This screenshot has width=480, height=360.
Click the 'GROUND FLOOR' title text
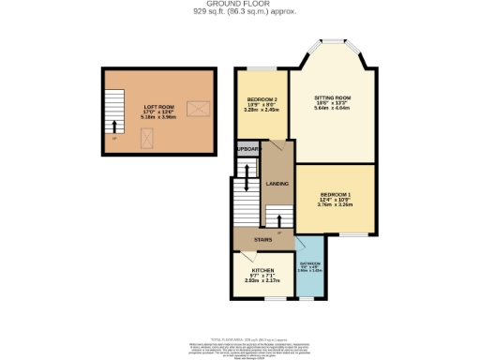[x=240, y=5]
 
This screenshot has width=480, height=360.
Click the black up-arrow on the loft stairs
[x=114, y=126]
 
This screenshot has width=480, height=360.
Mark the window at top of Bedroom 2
[x=262, y=68]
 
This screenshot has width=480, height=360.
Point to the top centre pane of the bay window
[x=333, y=40]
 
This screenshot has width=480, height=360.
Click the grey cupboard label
[x=247, y=150]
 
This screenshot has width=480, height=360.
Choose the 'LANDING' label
[x=277, y=184]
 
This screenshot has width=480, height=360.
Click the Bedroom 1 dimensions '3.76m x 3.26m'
[x=336, y=203]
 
